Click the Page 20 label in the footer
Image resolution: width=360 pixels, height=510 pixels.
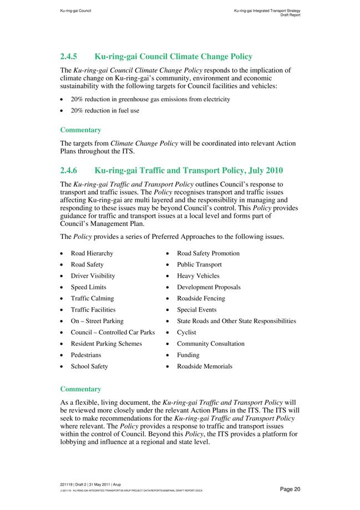click(290, 489)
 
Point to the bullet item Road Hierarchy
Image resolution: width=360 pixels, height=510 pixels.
click(92, 253)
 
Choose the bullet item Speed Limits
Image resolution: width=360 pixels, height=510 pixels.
click(88, 287)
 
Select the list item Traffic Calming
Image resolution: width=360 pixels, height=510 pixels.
click(92, 298)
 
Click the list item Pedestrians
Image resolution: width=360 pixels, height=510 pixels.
click(86, 355)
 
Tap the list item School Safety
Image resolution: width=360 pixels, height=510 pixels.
click(89, 366)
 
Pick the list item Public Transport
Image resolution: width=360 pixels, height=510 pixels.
click(199, 264)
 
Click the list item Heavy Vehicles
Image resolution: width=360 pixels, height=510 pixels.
click(198, 276)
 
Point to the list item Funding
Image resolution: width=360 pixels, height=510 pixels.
click(188, 355)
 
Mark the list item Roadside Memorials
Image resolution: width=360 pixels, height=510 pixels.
click(205, 366)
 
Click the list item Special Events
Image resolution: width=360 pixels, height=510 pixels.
click(196, 310)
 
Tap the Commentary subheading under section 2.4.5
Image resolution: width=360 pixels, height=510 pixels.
click(80, 130)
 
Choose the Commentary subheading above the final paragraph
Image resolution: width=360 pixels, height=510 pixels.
click(80, 389)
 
